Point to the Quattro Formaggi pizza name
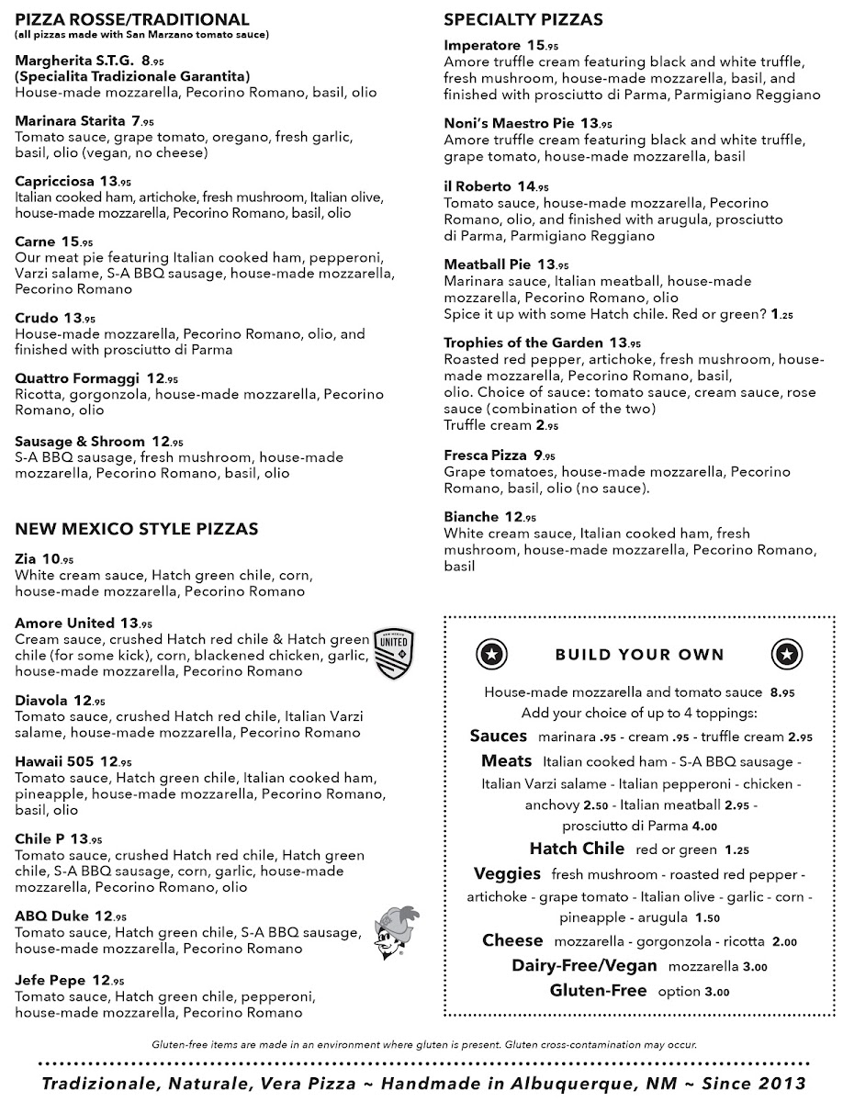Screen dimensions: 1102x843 click(77, 378)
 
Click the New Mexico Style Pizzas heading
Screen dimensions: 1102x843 click(137, 529)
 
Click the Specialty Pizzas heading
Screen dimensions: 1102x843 click(523, 19)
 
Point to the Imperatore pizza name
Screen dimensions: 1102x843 click(482, 45)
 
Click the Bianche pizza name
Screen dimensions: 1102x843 click(471, 518)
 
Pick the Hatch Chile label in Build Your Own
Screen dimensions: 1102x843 click(577, 849)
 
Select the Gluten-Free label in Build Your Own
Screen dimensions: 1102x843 click(598, 991)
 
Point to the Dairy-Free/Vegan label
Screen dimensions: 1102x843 click(585, 966)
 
